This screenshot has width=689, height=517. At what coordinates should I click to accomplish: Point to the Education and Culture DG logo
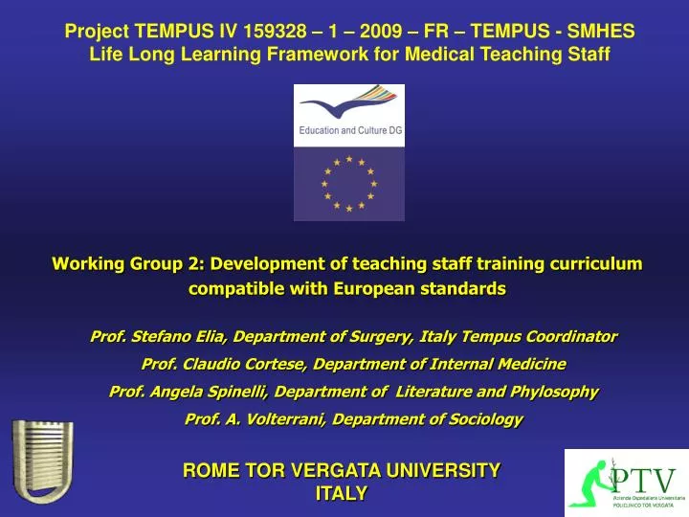tap(348, 115)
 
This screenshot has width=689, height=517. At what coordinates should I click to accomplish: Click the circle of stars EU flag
tap(348, 184)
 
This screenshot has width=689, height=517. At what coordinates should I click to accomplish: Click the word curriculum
tap(592, 264)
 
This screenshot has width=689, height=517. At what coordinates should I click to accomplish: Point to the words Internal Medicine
tap(507, 364)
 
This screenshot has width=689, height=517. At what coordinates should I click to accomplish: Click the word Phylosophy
tap(551, 392)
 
